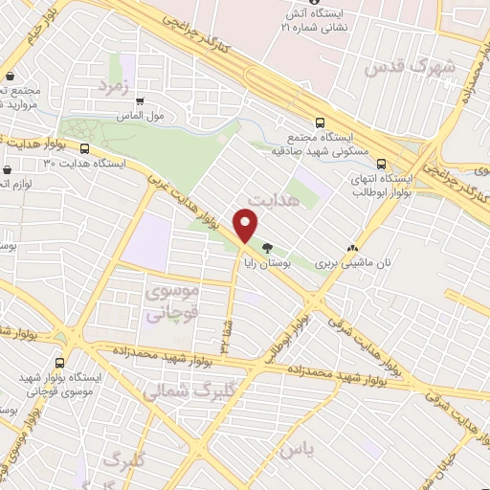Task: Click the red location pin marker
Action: click(247, 226)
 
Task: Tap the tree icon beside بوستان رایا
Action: click(266, 246)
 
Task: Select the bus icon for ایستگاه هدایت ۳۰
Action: click(85, 148)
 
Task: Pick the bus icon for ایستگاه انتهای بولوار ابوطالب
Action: click(383, 164)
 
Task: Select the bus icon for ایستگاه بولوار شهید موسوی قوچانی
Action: click(61, 363)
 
